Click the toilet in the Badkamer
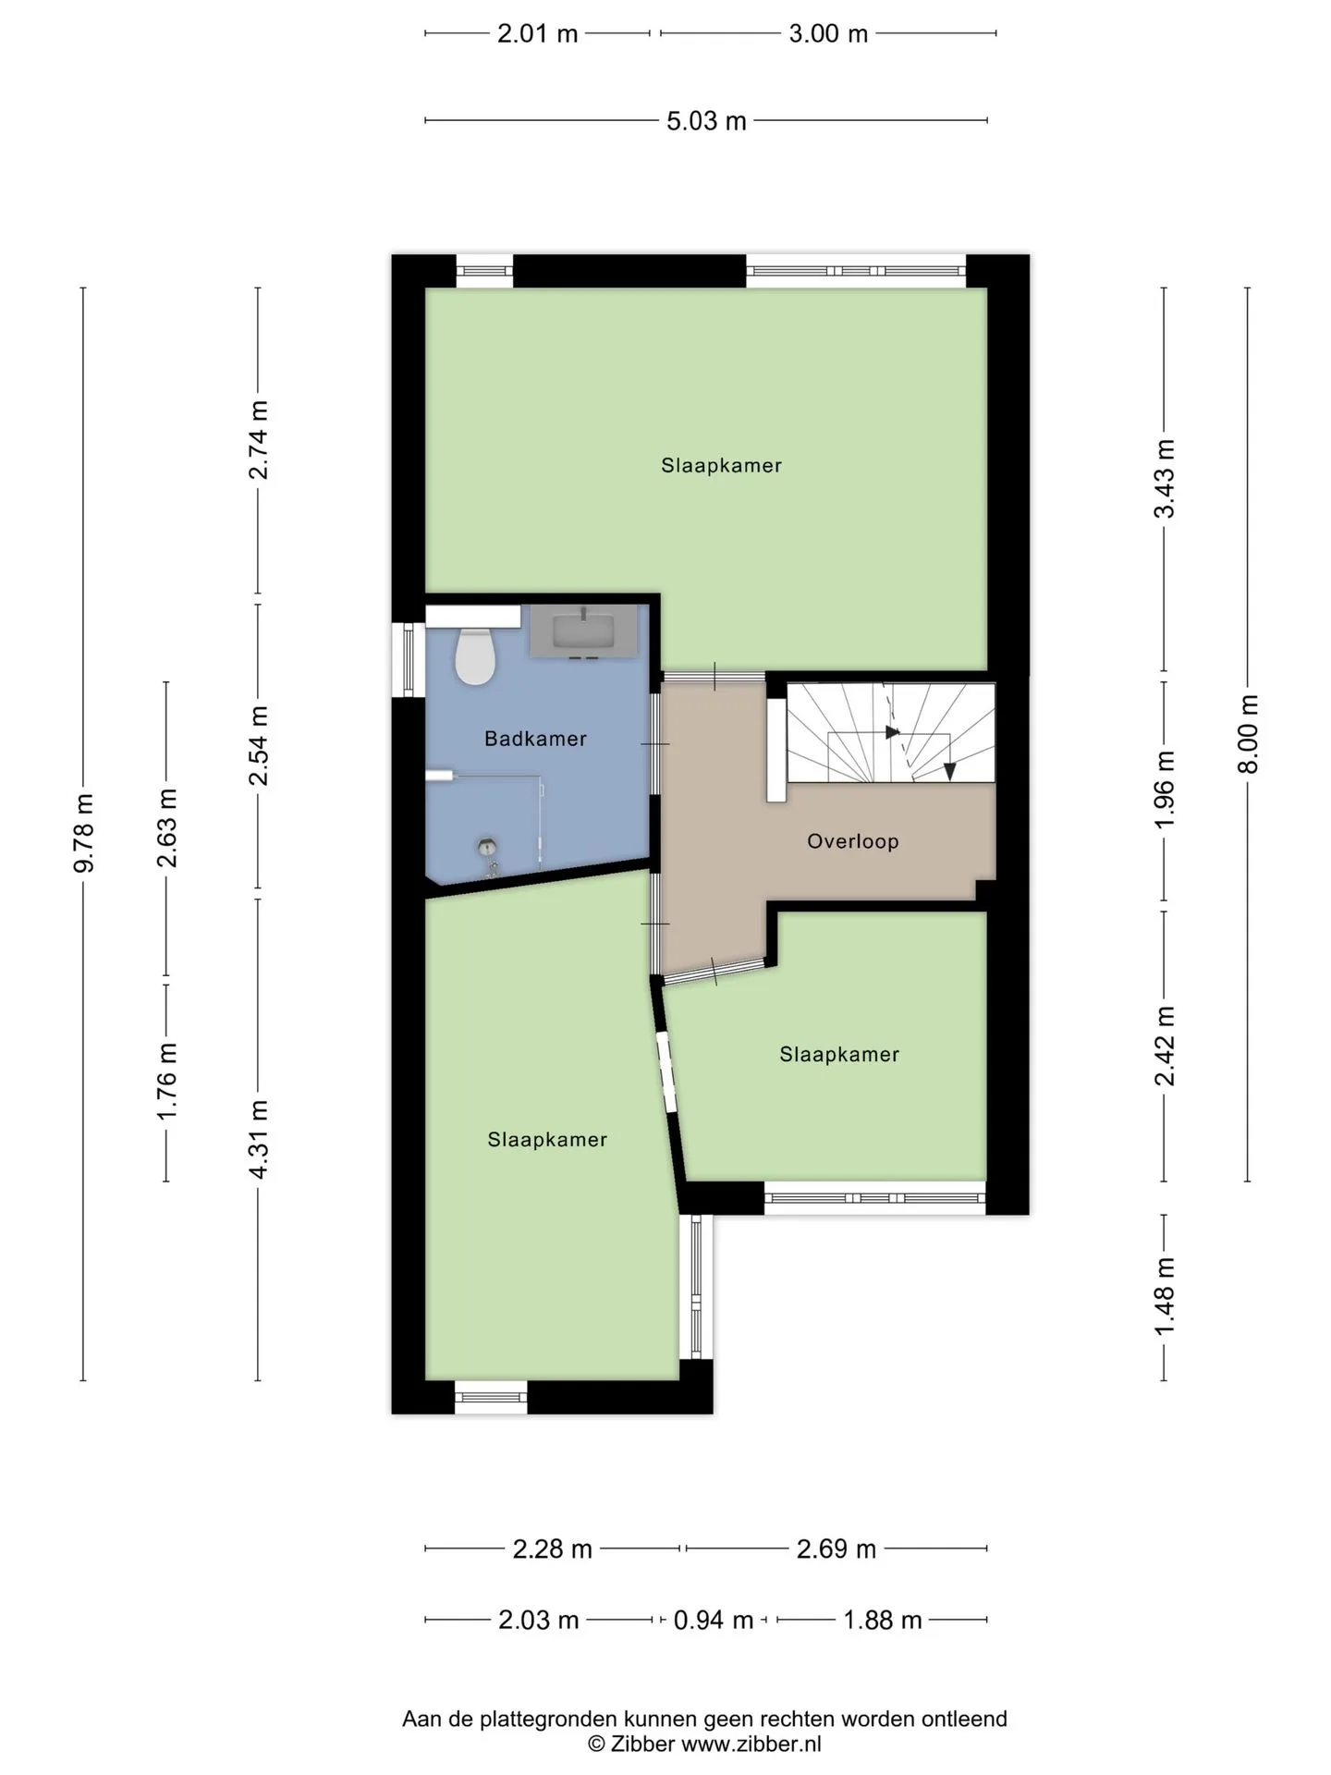[476, 655]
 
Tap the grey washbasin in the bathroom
[583, 630]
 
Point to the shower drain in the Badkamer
[487, 845]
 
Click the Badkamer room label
[535, 739]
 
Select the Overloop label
[852, 841]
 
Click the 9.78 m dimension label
[84, 833]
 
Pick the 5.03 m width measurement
[706, 121]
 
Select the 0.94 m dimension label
[713, 1620]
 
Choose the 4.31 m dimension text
[259, 1139]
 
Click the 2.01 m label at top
[537, 34]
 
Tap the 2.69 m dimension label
[836, 1549]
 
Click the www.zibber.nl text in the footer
[751, 1744]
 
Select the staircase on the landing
[890, 732]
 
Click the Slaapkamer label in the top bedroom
[721, 466]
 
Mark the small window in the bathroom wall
[408, 659]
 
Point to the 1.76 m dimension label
[167, 1081]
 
